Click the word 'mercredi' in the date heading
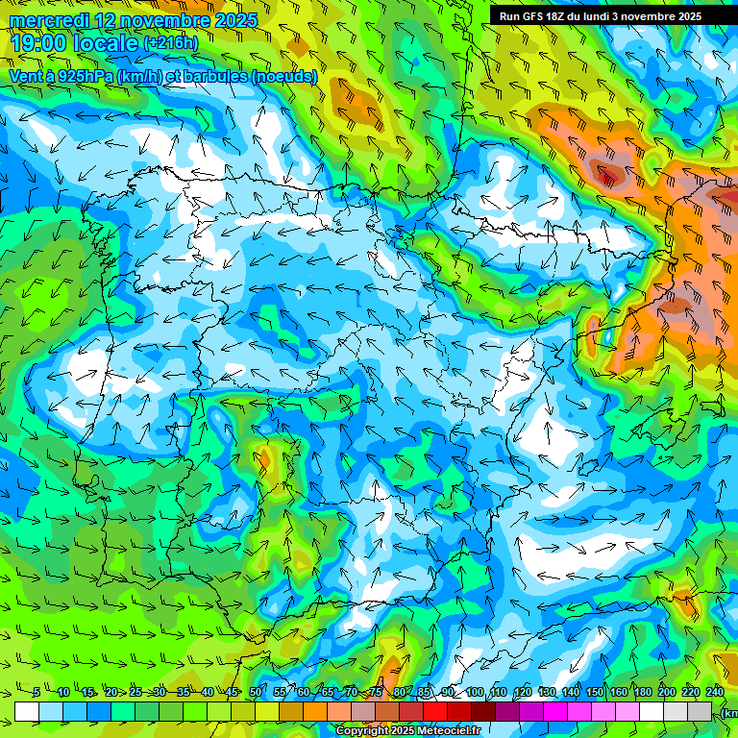click(x=48, y=20)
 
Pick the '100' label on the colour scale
click(x=474, y=693)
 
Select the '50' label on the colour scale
click(x=255, y=693)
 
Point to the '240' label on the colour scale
click(x=715, y=693)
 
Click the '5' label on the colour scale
click(x=37, y=693)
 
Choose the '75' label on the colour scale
click(x=375, y=693)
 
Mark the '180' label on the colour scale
click(x=643, y=693)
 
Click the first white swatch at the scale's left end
click(x=26, y=711)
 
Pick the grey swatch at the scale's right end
click(x=700, y=711)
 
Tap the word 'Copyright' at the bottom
click(x=361, y=731)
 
